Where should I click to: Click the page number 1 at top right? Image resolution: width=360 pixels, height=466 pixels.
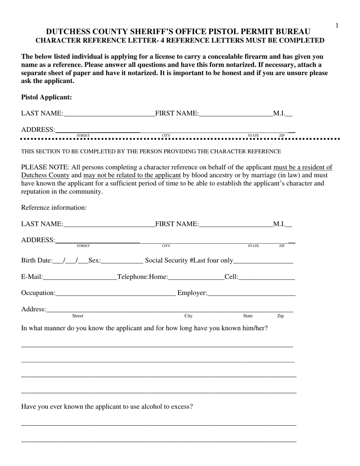pos(337,25)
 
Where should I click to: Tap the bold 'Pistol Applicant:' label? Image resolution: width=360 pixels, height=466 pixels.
pos(46,97)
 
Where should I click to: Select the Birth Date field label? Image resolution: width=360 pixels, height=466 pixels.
pos(37,260)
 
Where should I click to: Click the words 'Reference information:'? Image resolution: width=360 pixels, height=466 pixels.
pos(54,208)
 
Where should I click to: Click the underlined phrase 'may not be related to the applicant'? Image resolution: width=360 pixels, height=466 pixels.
pos(132,175)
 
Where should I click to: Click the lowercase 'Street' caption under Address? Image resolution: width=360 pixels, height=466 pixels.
pos(78,316)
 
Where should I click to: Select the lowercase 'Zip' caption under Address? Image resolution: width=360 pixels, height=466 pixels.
pos(280,316)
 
